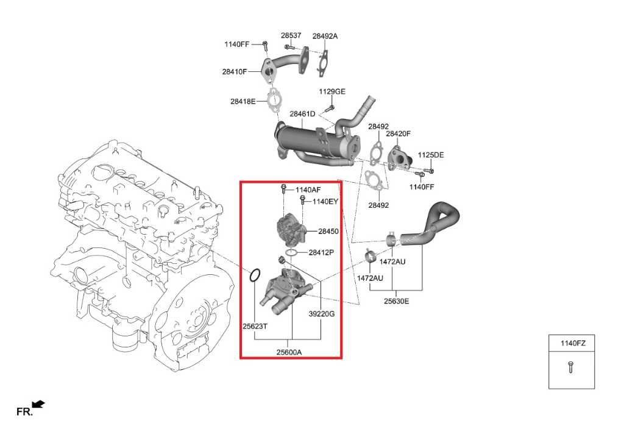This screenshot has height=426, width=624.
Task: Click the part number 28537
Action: pyautogui.click(x=291, y=35)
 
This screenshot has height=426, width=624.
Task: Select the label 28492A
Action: pyautogui.click(x=325, y=36)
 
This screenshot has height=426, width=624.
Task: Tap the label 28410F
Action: pyautogui.click(x=235, y=71)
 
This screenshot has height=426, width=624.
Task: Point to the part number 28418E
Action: pyautogui.click(x=243, y=101)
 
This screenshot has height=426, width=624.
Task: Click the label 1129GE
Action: pyautogui.click(x=332, y=91)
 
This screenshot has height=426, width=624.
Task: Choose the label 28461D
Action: pyautogui.click(x=302, y=114)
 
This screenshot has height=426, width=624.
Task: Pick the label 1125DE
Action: pyautogui.click(x=431, y=155)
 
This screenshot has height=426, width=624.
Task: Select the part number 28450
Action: pyautogui.click(x=328, y=232)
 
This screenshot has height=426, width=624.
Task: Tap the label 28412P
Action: pyautogui.click(x=321, y=252)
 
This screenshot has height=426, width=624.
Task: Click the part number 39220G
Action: pyautogui.click(x=322, y=313)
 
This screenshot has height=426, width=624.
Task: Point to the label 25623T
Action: pyautogui.click(x=255, y=326)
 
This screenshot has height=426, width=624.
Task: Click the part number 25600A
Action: pyautogui.click(x=289, y=351)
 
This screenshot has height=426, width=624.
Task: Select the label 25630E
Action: pyautogui.click(x=396, y=300)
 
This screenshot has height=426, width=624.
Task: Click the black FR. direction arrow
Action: pyautogui.click(x=38, y=403)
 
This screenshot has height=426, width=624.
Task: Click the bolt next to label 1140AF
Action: pyautogui.click(x=284, y=189)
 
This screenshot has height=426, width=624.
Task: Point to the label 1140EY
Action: pyautogui.click(x=325, y=201)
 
